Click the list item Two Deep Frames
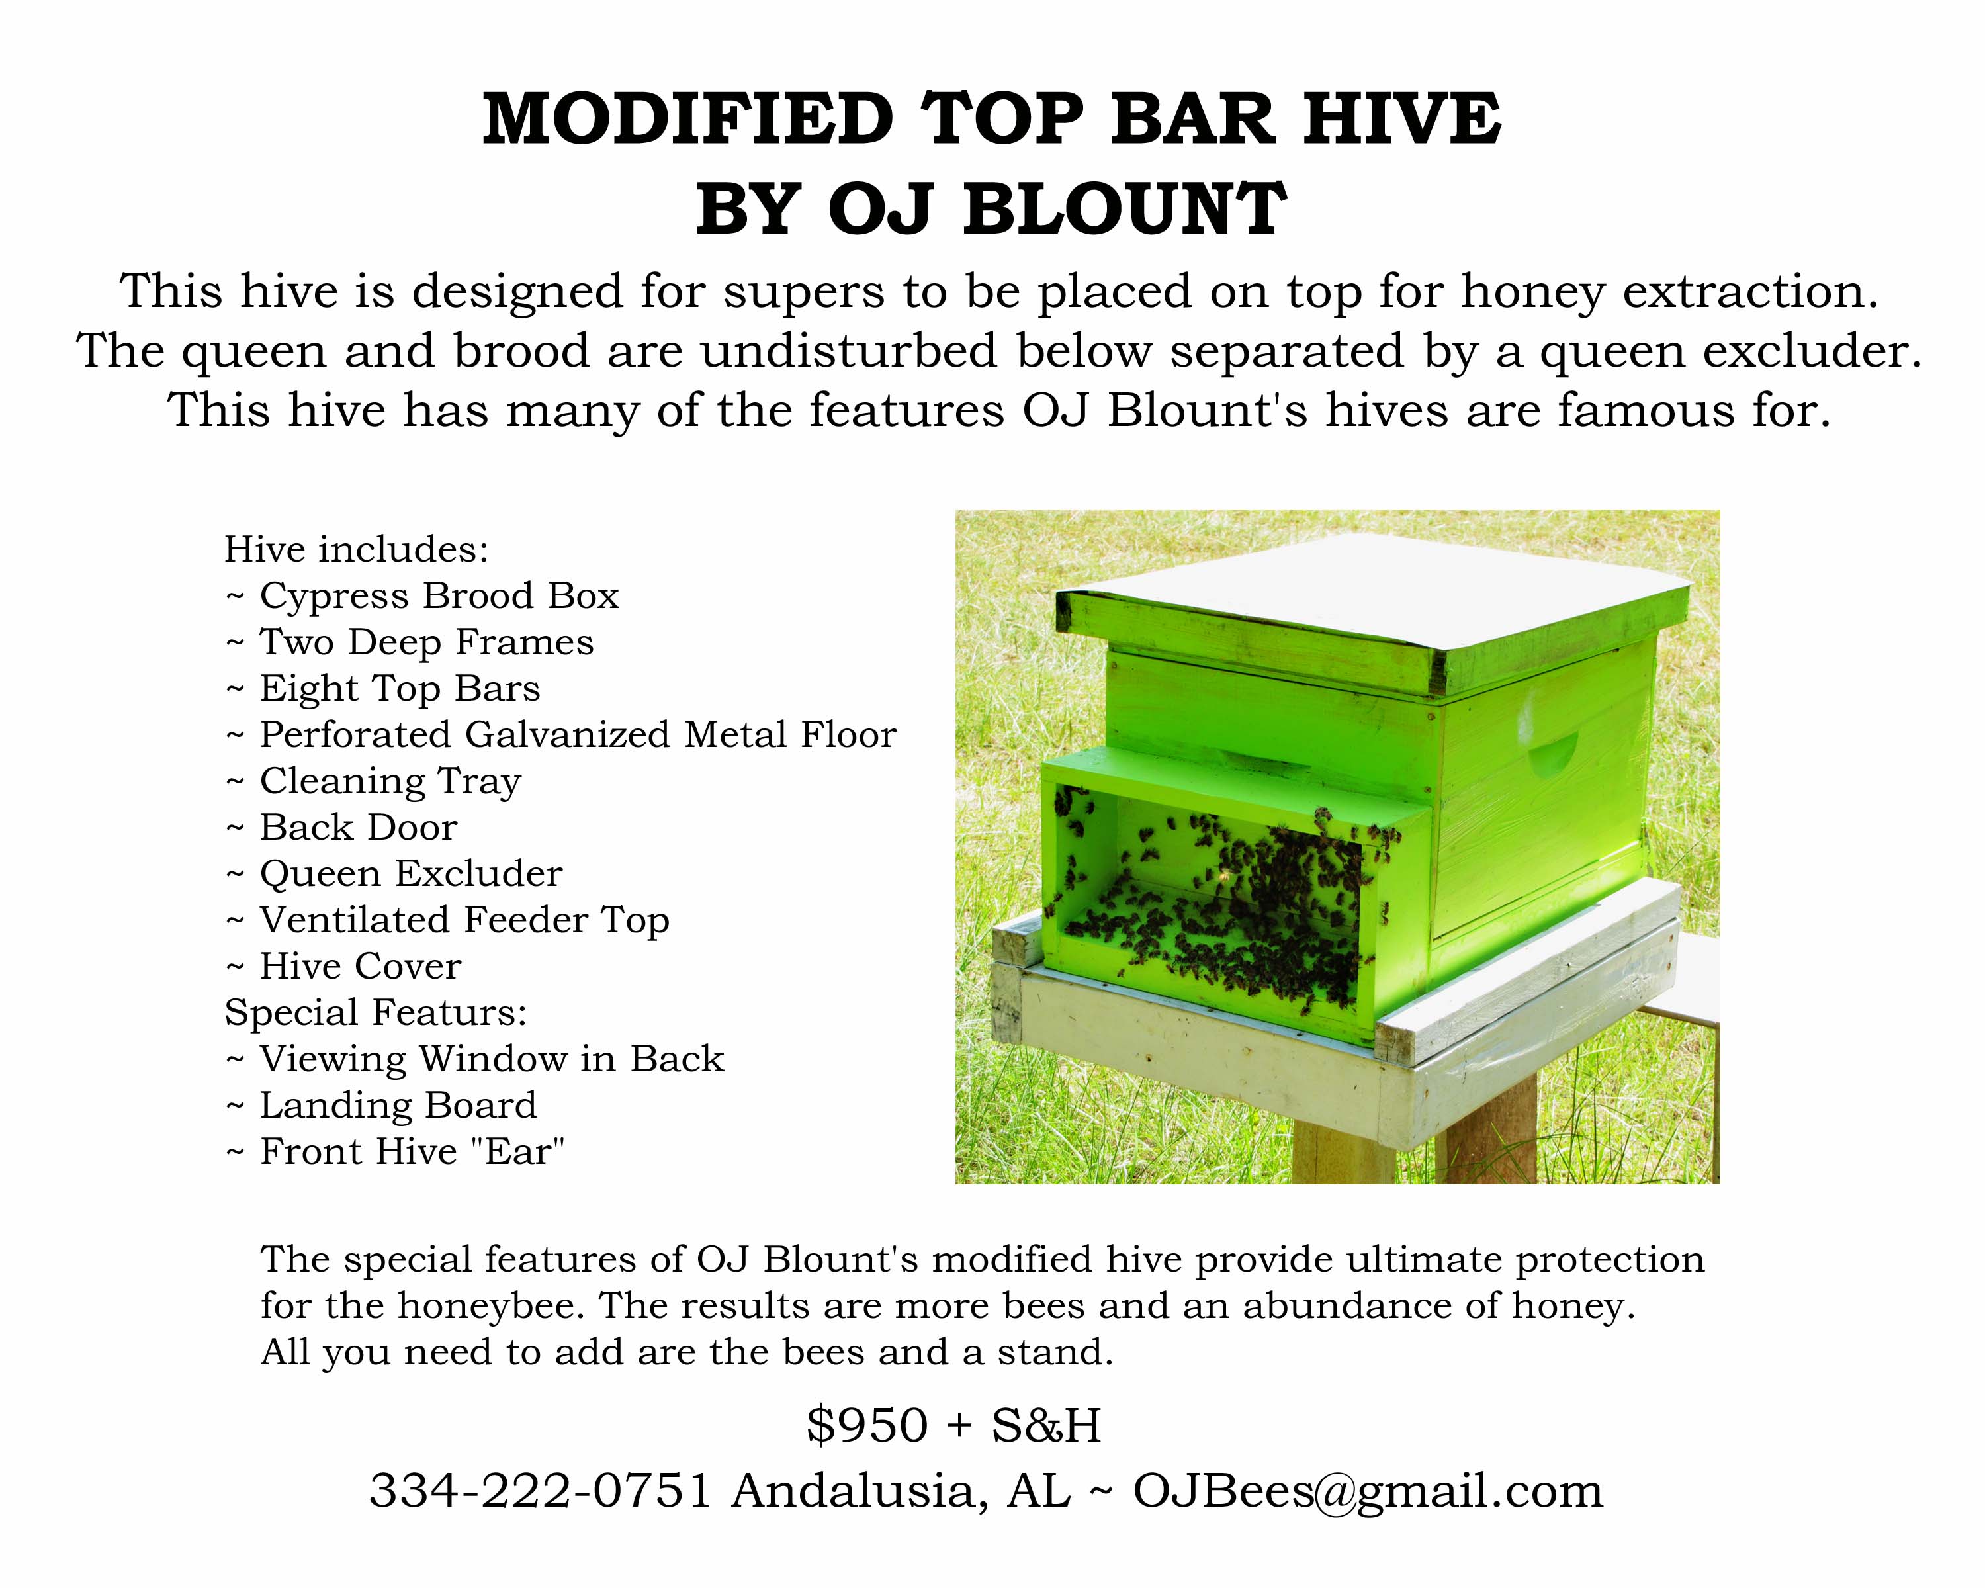[410, 642]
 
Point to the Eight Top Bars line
[383, 689]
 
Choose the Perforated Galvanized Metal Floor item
[560, 734]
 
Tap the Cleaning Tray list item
[374, 781]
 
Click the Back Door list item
[341, 828]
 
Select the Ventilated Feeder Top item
[447, 920]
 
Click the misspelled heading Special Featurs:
[376, 1012]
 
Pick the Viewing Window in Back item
[475, 1059]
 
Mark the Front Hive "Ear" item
[395, 1152]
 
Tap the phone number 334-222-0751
[541, 1491]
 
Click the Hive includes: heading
[356, 550]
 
